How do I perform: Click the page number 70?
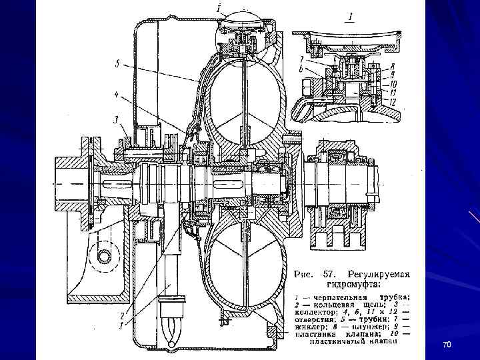(x=447, y=343)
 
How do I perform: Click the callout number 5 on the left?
(x=117, y=65)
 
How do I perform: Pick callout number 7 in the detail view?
(x=301, y=59)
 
